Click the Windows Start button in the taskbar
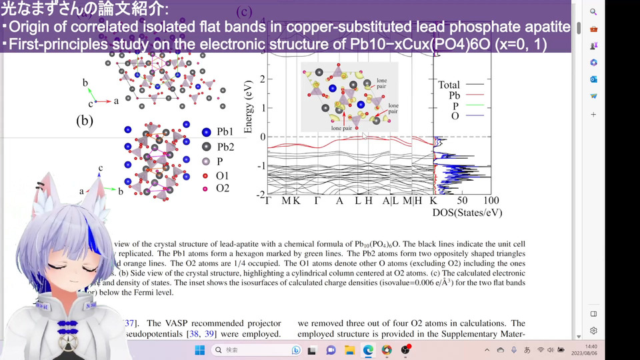coord(199,350)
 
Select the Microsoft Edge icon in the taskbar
coord(368,350)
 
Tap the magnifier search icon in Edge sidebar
coord(593,12)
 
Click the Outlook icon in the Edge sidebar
coord(593,79)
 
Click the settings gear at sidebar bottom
coord(593,331)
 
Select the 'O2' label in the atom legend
coord(223,189)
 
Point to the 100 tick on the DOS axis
coord(490,200)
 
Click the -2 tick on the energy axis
coord(260,194)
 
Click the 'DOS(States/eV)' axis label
coord(467,213)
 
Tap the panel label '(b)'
coord(85,121)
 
